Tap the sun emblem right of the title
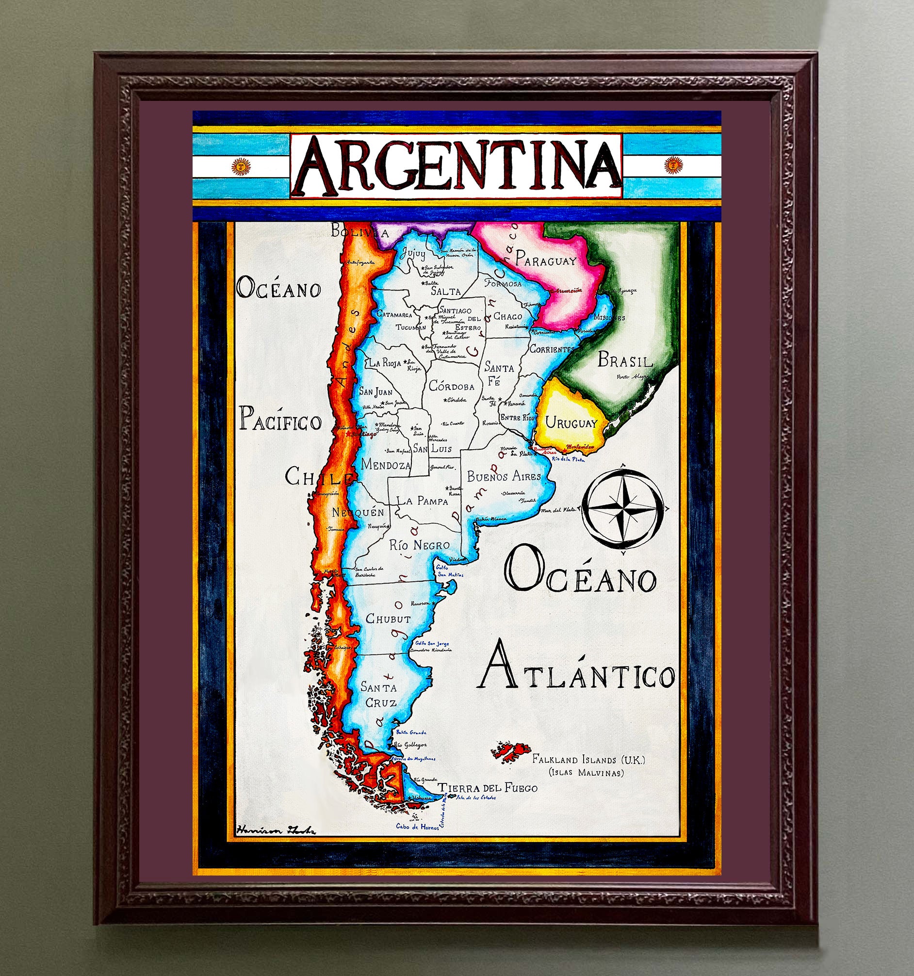pyautogui.click(x=673, y=165)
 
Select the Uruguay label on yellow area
pyautogui.click(x=571, y=423)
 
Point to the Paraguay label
pyautogui.click(x=545, y=260)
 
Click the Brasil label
pyautogui.click(x=625, y=361)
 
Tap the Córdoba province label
pyautogui.click(x=452, y=387)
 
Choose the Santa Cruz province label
pyautogui.click(x=379, y=695)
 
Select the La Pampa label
pyautogui.click(x=422, y=501)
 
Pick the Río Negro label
pyautogui.click(x=419, y=544)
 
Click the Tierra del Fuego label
pyautogui.click(x=488, y=788)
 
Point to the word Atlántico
pyautogui.click(x=576, y=676)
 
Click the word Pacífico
pyautogui.click(x=280, y=421)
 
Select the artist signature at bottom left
pyautogui.click(x=276, y=830)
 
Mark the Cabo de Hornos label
pyautogui.click(x=417, y=827)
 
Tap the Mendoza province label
pyautogui.click(x=385, y=464)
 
